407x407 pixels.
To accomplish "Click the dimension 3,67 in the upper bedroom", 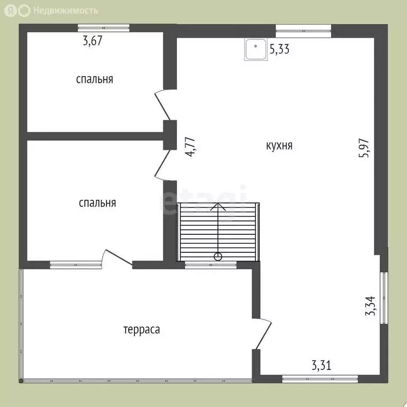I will pos(92,40).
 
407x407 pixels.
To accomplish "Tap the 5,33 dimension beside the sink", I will pos(279,50).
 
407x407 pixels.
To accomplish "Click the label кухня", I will pos(279,146).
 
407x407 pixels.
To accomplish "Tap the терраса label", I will pos(141,330).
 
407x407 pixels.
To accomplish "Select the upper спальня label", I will pos(94,79).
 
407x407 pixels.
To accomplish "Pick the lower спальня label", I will pos(98,203).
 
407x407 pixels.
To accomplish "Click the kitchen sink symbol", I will pos(256,50).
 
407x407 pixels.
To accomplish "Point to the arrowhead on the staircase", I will pos(218,206).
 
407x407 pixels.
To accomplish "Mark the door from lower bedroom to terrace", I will pos(118,258).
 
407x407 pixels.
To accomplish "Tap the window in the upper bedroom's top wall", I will pos(103,28).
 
